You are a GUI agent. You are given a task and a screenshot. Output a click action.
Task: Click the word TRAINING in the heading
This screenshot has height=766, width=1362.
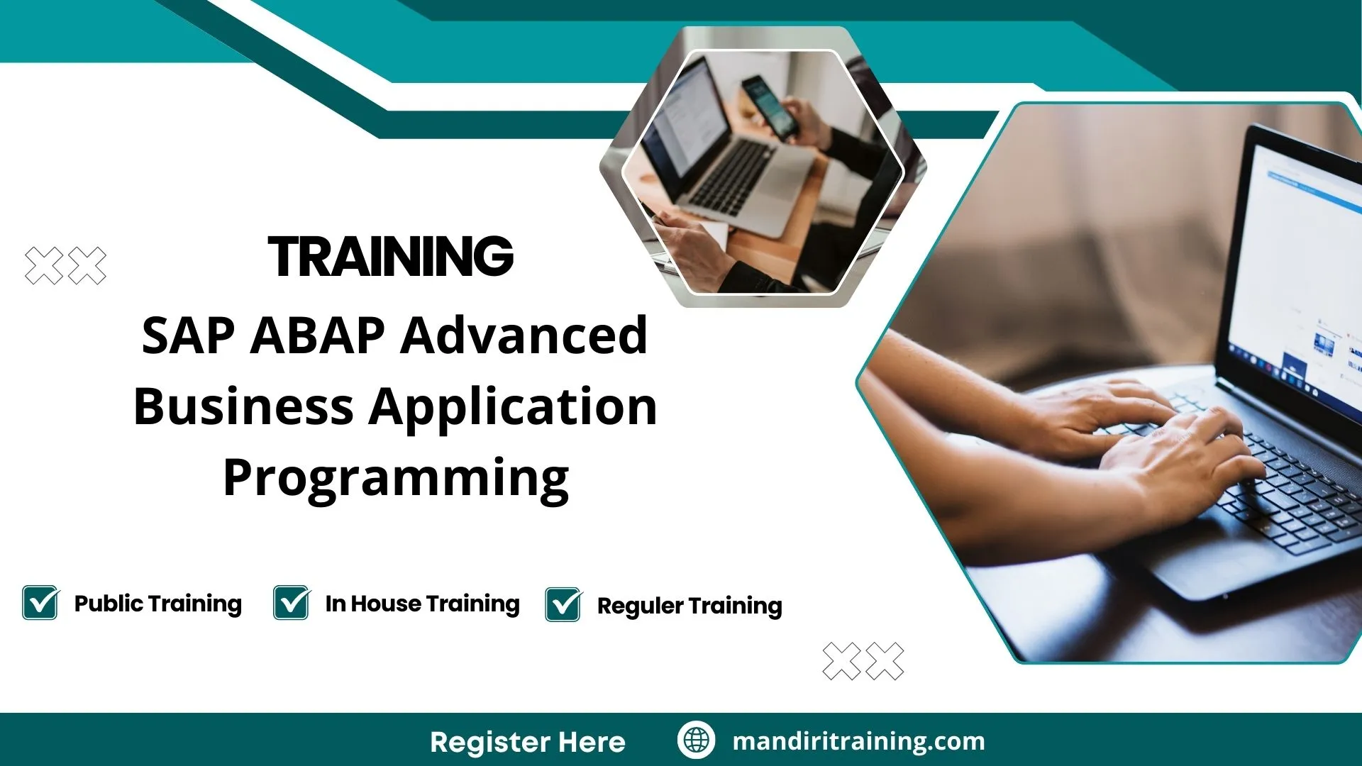click(x=391, y=256)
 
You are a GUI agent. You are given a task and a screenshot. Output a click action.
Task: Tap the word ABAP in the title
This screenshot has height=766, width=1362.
click(x=318, y=335)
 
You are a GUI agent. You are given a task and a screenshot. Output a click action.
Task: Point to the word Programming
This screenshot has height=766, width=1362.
click(x=396, y=479)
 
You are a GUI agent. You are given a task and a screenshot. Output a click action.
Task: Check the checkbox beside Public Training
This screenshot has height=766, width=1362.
click(x=40, y=603)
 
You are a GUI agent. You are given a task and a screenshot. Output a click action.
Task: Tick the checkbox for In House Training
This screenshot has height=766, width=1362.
click(x=292, y=603)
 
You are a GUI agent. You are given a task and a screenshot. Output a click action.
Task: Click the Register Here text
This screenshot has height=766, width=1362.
click(x=528, y=742)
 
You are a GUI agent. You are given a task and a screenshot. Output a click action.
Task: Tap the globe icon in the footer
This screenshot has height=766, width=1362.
click(x=696, y=740)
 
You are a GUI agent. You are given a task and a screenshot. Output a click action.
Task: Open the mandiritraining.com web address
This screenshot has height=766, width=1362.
click(x=858, y=741)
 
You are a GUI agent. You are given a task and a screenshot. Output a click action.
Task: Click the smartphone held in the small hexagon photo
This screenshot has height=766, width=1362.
click(x=770, y=107)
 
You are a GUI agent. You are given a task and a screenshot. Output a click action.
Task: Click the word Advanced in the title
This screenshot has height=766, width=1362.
click(x=524, y=335)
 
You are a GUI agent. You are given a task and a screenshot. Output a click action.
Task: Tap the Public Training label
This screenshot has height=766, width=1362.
click(x=158, y=604)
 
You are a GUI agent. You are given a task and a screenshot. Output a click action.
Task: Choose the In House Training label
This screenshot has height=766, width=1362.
click(x=423, y=604)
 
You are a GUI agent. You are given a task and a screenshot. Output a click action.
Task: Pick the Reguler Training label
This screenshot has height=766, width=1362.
click(x=690, y=606)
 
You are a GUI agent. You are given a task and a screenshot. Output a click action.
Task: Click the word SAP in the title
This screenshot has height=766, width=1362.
click(x=188, y=335)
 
